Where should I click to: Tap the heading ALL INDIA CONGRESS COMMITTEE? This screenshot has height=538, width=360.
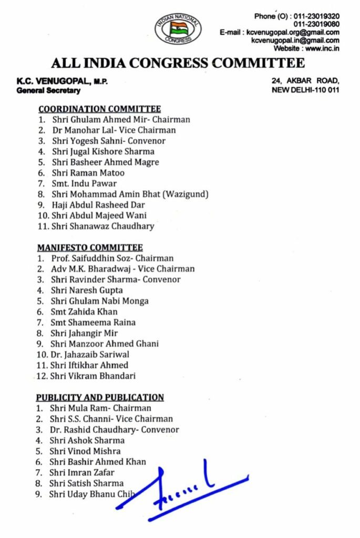[178, 64]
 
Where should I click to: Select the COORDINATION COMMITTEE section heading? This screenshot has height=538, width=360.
[99, 109]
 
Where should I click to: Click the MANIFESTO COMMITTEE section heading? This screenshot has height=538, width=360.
[90, 247]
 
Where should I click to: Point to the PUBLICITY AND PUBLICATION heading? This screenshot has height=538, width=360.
[100, 398]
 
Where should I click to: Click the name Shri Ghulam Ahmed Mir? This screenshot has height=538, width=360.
[98, 120]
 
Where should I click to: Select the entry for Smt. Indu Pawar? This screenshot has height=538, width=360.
[84, 184]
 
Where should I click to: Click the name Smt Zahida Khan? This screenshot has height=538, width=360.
[84, 312]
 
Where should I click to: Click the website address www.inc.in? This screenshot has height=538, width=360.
[322, 48]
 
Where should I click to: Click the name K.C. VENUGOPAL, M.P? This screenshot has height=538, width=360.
[61, 81]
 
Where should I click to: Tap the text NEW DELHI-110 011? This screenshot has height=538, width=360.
[305, 90]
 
